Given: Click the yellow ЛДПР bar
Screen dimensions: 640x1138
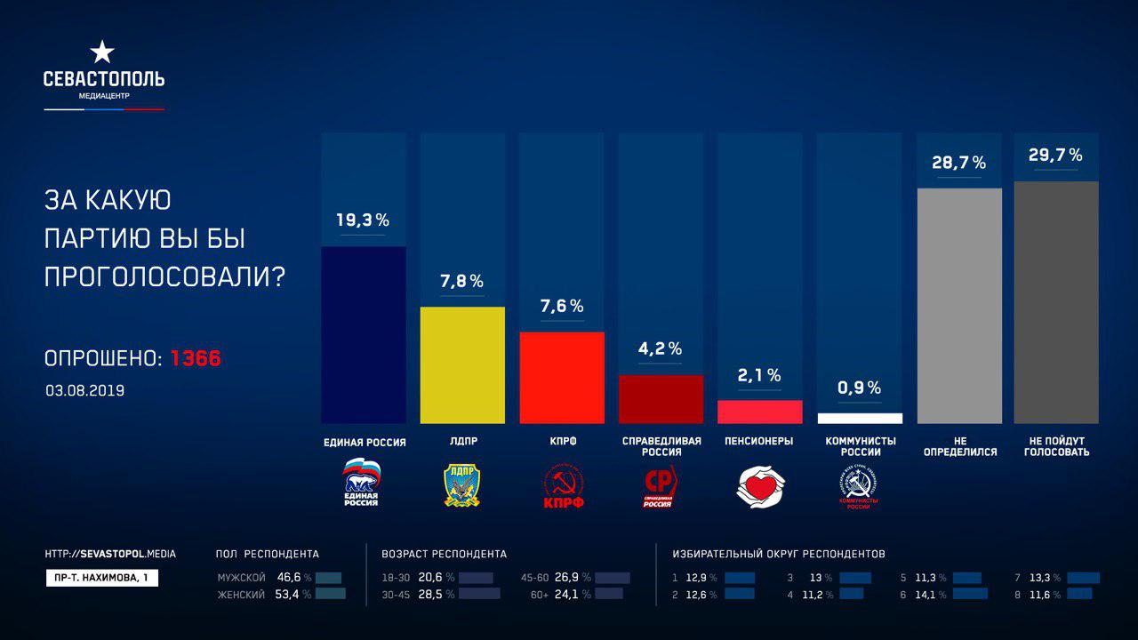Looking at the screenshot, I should (x=462, y=364).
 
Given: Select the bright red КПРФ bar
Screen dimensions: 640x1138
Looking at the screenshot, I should (x=561, y=378).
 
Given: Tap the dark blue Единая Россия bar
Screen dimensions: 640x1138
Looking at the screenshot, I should (x=363, y=334).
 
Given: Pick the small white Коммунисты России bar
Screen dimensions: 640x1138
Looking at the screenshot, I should (x=860, y=418).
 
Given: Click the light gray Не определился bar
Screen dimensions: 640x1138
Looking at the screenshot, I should (x=958, y=305).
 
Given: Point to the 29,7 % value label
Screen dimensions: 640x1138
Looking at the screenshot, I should (x=1055, y=155).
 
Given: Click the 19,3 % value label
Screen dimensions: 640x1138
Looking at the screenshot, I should (x=363, y=220).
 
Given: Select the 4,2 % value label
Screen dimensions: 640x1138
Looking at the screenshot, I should (x=661, y=348).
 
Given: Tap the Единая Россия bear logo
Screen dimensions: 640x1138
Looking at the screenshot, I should (x=362, y=483).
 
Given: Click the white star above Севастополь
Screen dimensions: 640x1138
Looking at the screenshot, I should (x=103, y=52).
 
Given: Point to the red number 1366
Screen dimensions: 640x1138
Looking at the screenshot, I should (x=196, y=359).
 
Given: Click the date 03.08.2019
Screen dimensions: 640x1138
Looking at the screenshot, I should (x=85, y=390).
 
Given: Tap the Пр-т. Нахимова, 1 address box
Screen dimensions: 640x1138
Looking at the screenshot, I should (x=101, y=578).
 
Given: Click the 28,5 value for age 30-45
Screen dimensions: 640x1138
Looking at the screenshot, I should (x=431, y=595).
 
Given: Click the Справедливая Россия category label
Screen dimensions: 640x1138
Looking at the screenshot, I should (x=661, y=446).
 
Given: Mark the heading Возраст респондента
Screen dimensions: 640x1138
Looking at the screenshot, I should (x=444, y=554).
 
